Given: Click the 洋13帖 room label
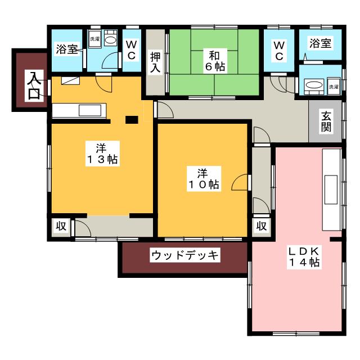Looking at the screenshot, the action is coord(102,154).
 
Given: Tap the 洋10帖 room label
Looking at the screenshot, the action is coord(204,179).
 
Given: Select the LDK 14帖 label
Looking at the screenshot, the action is coord(304,256).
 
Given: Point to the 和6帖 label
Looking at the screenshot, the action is coord(215,61).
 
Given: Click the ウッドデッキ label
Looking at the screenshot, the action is coord(185,255).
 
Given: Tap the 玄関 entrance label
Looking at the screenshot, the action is coord(326,121).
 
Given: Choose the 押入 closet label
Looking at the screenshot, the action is coord(155,62).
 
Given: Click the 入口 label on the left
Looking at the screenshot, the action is coord(34,85).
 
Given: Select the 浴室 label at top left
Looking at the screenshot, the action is coord(67,48).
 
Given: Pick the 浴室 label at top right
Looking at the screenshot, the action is coord(320,43).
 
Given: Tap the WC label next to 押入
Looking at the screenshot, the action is coord(132,50).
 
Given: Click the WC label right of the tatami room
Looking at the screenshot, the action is coord(279,51).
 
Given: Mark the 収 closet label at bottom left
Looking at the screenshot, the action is coord(61,226).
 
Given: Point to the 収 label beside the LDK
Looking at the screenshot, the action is coord(261,226).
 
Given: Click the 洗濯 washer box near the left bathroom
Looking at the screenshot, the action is coord(94,39).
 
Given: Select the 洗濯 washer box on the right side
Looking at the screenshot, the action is coord(334,87).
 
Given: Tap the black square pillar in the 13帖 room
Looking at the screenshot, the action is coord(132,120).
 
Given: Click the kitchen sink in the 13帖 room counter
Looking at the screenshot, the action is coord(90,111).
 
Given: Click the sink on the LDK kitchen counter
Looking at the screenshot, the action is coord(331,190).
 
